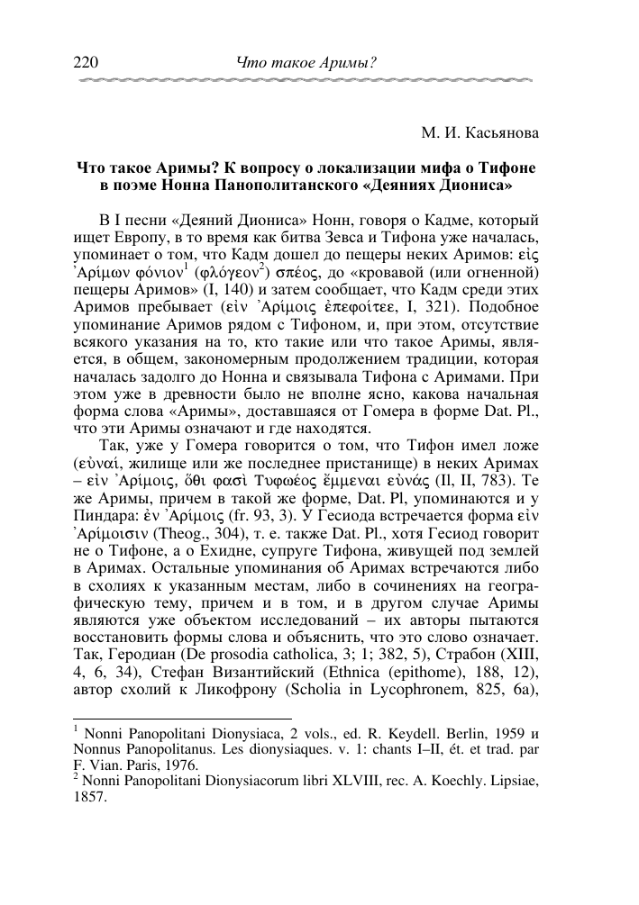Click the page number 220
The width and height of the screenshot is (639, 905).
[83, 62]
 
